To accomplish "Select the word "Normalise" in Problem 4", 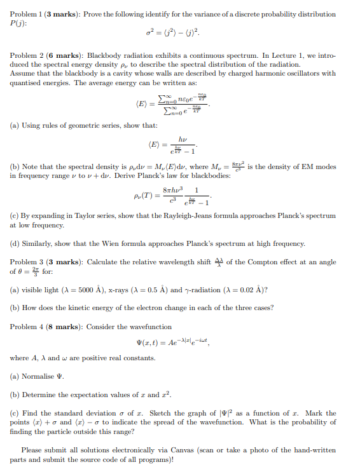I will point(36,376).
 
